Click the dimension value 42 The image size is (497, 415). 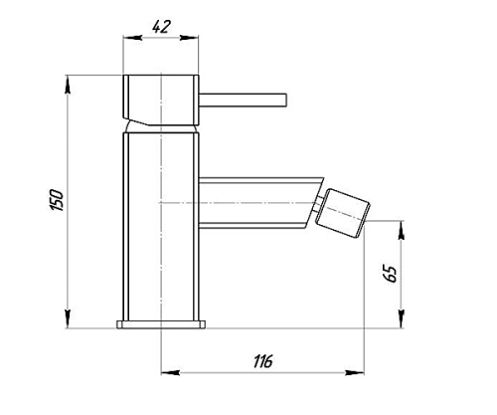(x=161, y=27)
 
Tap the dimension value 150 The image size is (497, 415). (x=57, y=200)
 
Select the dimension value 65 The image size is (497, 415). (x=392, y=274)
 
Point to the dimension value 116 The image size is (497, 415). (x=263, y=361)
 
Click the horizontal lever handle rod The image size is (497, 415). (x=243, y=101)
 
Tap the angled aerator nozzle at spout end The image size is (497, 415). (x=342, y=212)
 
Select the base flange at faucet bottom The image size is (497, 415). (x=161, y=324)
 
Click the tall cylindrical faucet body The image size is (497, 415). (x=161, y=227)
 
